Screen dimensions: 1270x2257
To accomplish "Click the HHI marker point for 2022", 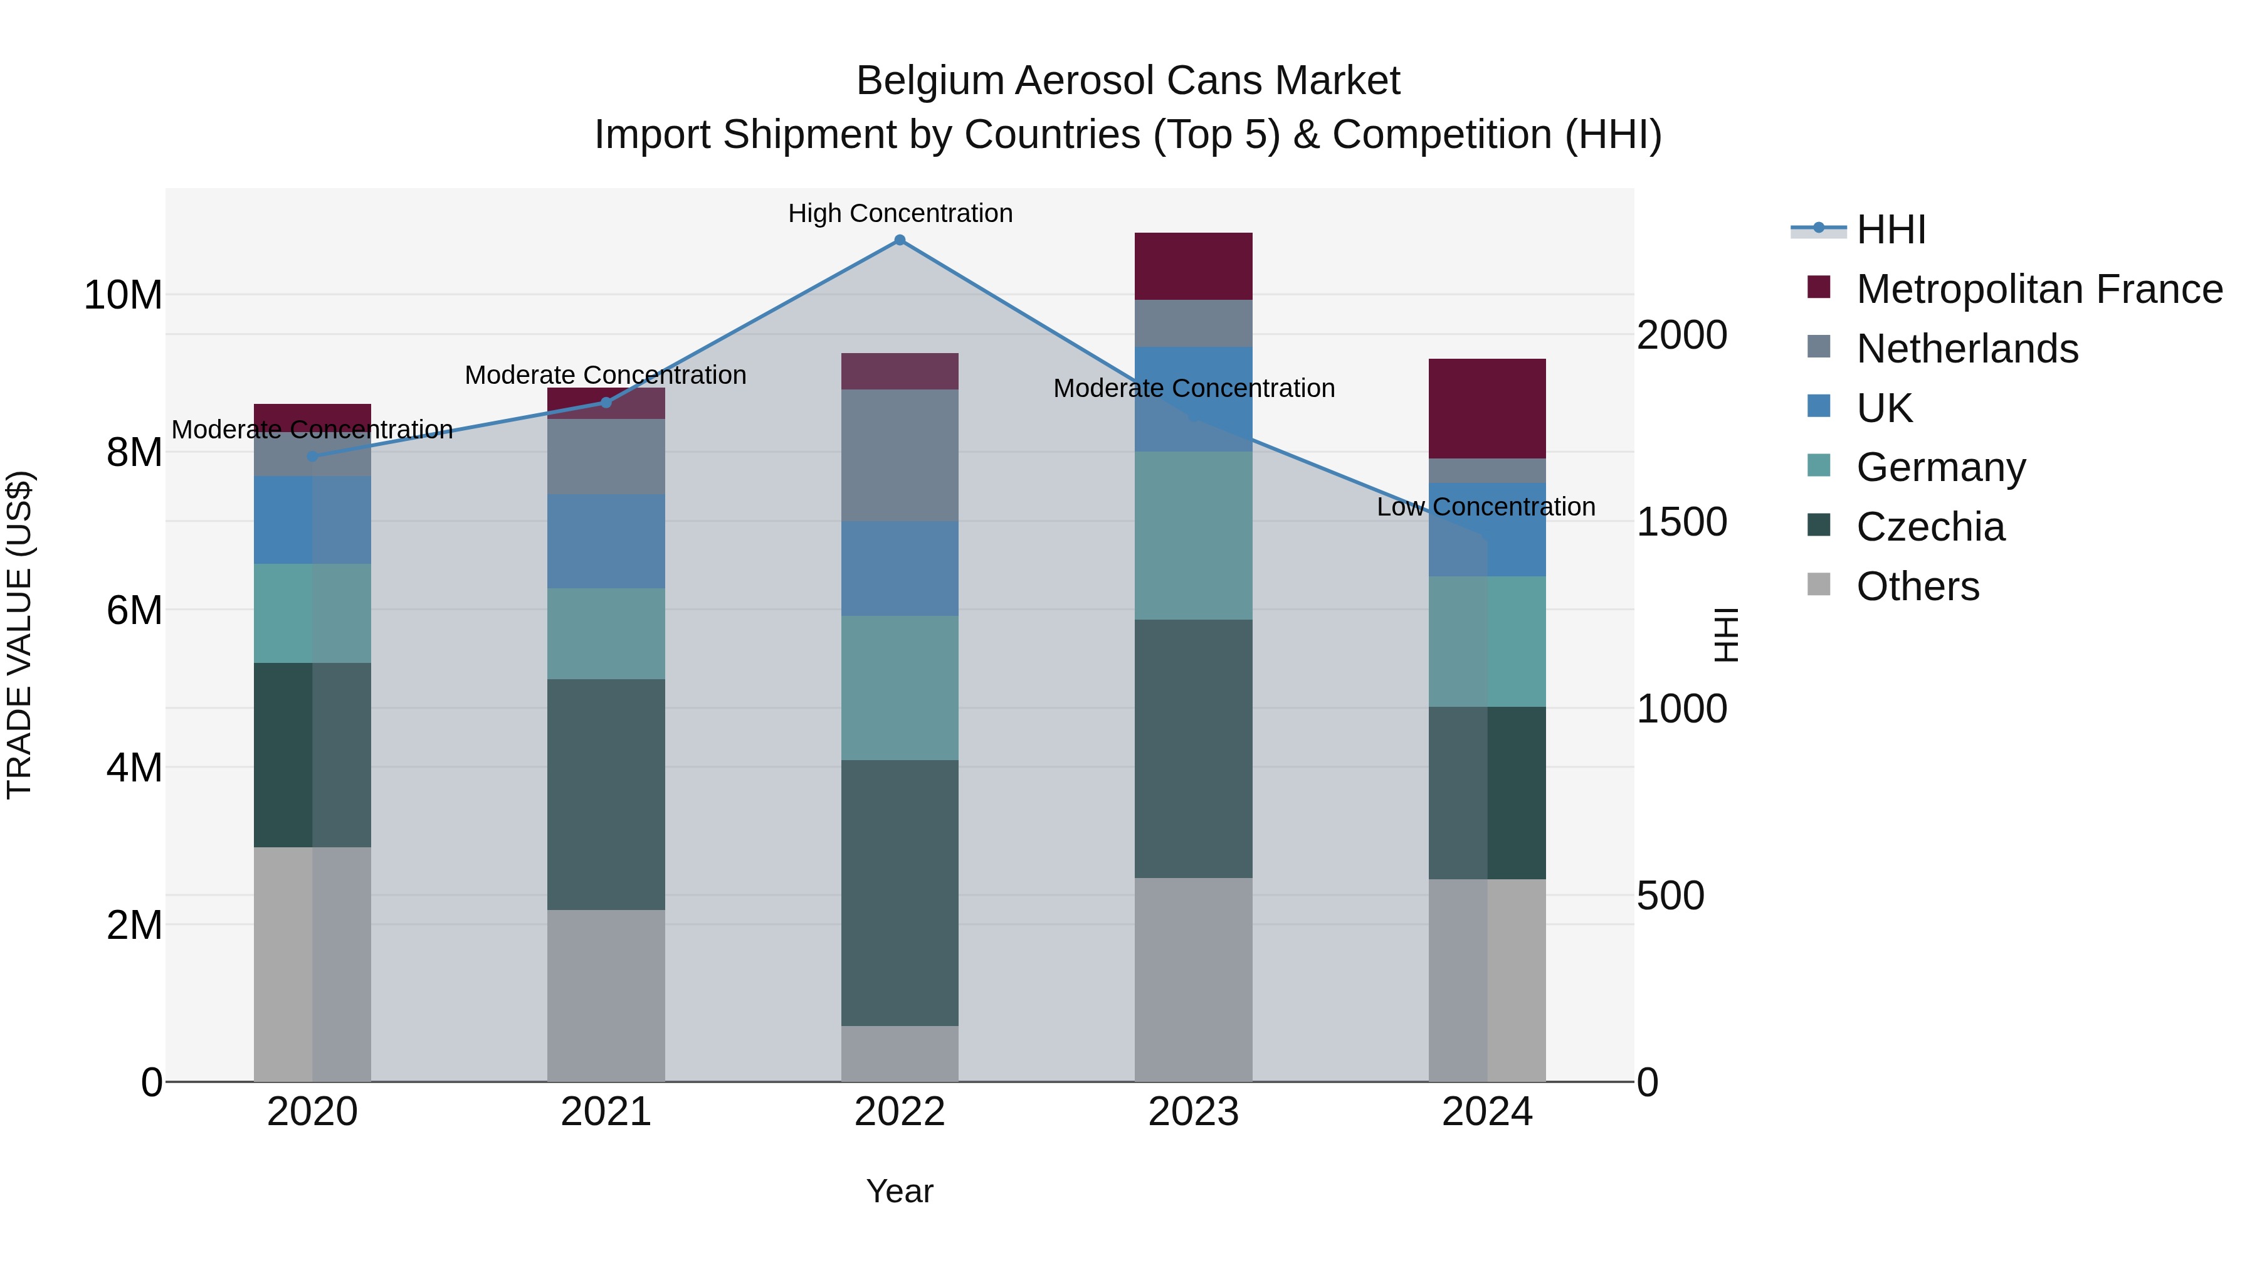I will point(899,240).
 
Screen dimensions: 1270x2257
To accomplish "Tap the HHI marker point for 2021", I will point(606,402).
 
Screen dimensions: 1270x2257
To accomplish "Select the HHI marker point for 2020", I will point(312,456).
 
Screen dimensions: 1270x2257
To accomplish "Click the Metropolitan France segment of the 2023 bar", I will point(1193,267).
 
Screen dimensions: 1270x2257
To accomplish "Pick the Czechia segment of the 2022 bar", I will point(899,892).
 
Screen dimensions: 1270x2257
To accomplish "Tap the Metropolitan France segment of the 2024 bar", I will point(1487,408).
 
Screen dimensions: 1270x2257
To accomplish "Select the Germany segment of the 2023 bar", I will point(1193,536).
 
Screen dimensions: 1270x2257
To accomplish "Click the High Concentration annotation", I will point(900,213).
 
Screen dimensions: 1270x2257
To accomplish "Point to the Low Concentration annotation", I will point(1485,507).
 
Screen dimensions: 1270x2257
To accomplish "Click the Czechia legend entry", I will point(1930,527).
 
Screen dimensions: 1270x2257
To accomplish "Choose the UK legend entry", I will point(1884,408).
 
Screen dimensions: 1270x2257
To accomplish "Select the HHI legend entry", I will point(1891,230).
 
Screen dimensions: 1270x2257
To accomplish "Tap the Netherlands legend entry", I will point(1967,349).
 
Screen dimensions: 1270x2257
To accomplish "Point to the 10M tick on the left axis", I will point(123,295).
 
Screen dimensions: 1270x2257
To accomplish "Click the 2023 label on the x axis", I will point(1193,1112).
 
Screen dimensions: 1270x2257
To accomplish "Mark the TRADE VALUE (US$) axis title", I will point(19,635).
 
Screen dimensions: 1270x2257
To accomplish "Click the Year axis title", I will point(899,1191).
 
